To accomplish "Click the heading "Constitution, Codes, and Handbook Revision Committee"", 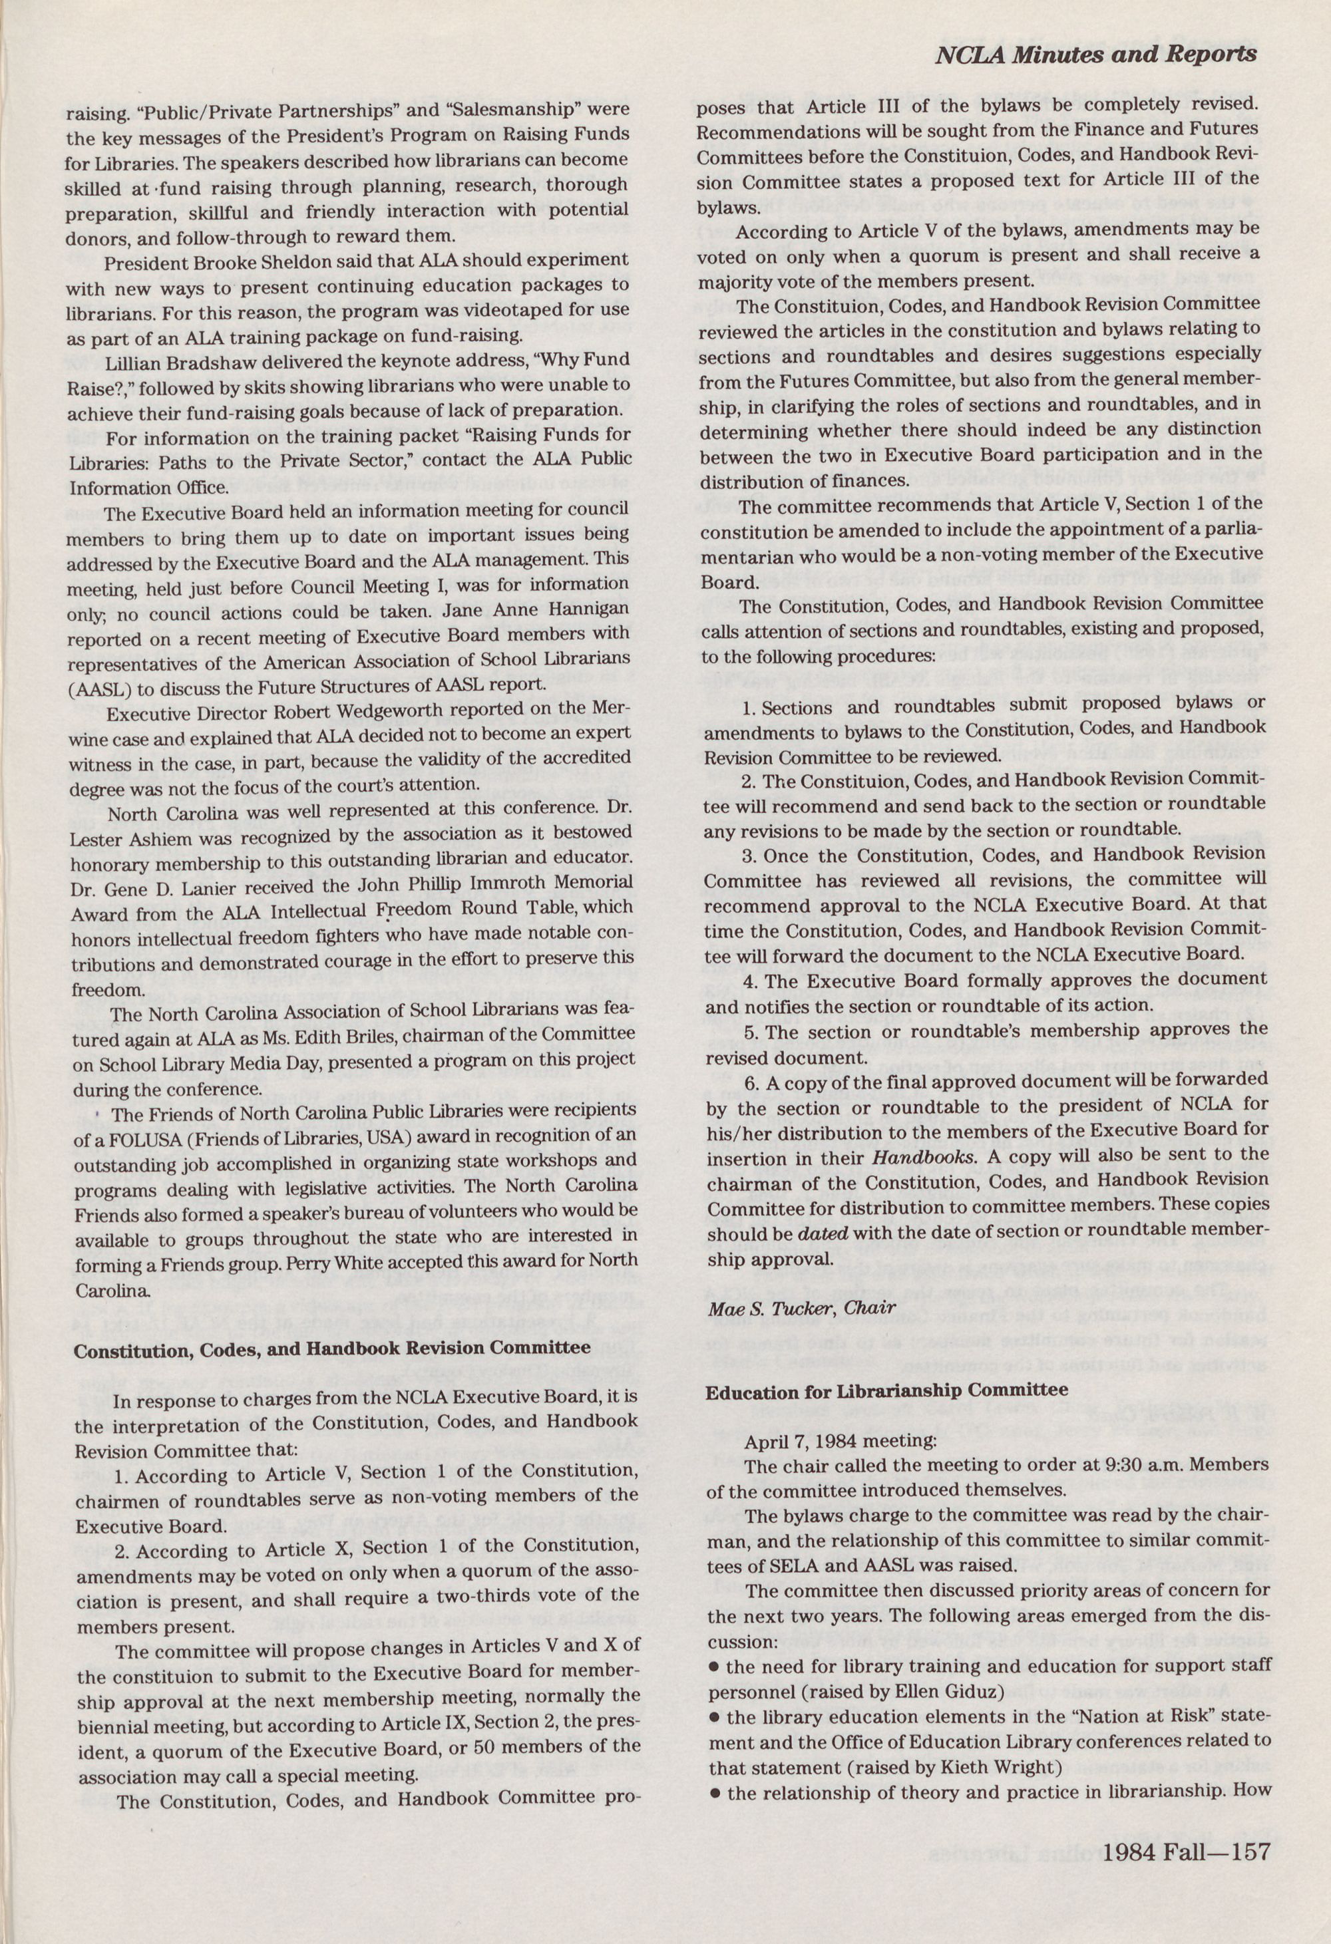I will (x=332, y=1349).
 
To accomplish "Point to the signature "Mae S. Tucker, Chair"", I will (x=801, y=1307).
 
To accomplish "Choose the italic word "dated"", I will (x=824, y=1234).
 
